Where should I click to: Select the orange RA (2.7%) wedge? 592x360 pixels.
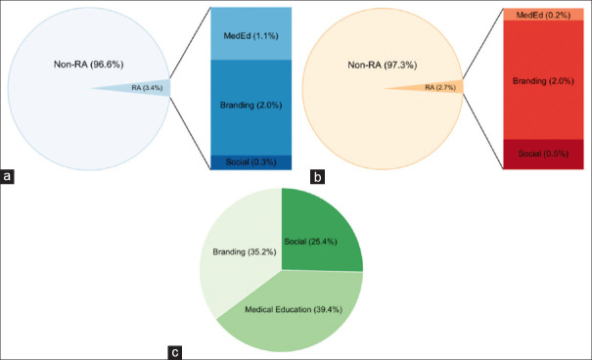click(x=438, y=87)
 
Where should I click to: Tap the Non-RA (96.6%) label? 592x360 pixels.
click(x=89, y=65)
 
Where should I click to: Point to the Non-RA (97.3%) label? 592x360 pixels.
click(x=383, y=66)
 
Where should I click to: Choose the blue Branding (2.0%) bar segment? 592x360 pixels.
click(x=251, y=108)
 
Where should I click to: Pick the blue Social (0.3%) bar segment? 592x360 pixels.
click(x=251, y=162)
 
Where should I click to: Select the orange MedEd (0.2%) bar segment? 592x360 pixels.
click(x=544, y=15)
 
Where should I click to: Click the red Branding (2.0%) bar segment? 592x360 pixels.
click(x=544, y=80)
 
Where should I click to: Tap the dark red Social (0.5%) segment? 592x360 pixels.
click(x=544, y=155)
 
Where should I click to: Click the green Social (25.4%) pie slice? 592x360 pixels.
click(x=321, y=230)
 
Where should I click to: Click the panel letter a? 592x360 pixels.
click(x=7, y=177)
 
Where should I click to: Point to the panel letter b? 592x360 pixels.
click(x=317, y=177)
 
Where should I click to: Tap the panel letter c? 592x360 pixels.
click(x=175, y=352)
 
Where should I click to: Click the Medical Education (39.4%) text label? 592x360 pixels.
click(x=294, y=310)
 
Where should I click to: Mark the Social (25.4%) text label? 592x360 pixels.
click(x=310, y=242)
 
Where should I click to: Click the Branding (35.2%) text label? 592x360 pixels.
click(x=245, y=251)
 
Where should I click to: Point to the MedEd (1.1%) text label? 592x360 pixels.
click(x=251, y=36)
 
